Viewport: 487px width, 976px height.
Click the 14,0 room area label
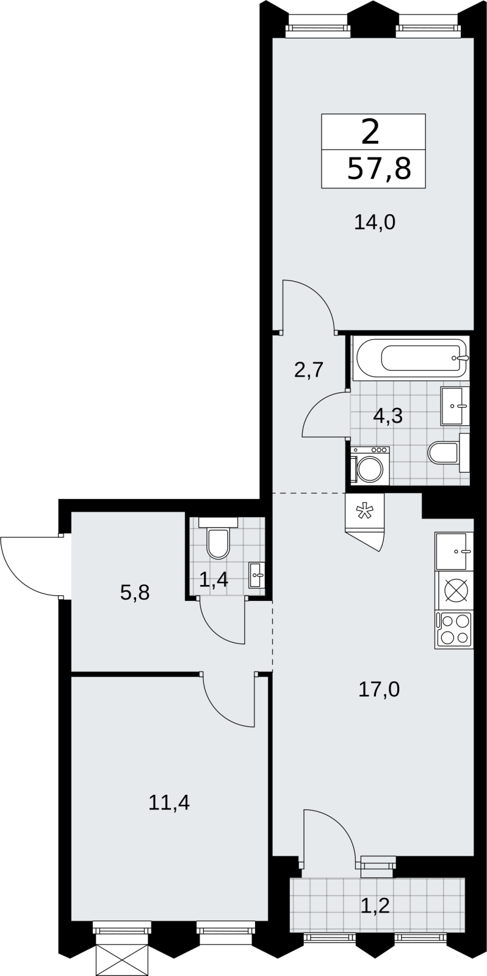click(375, 223)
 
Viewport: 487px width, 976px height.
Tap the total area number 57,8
click(380, 169)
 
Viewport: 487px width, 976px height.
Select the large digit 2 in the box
click(370, 132)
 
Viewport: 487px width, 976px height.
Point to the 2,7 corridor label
click(308, 370)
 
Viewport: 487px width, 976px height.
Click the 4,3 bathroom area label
click(388, 416)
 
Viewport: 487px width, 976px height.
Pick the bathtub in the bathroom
click(413, 359)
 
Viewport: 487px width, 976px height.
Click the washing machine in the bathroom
click(370, 465)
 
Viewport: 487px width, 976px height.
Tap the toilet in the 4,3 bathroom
click(449, 453)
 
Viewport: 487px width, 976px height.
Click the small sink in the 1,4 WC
click(256, 575)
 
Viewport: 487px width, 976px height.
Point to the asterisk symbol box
click(364, 511)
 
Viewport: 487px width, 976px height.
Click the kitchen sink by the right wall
click(454, 551)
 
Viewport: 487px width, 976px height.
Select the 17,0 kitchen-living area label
click(379, 690)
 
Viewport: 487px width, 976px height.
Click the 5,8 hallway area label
click(135, 592)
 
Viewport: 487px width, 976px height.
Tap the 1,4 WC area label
click(214, 579)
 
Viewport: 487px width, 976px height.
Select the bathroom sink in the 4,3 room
click(455, 406)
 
